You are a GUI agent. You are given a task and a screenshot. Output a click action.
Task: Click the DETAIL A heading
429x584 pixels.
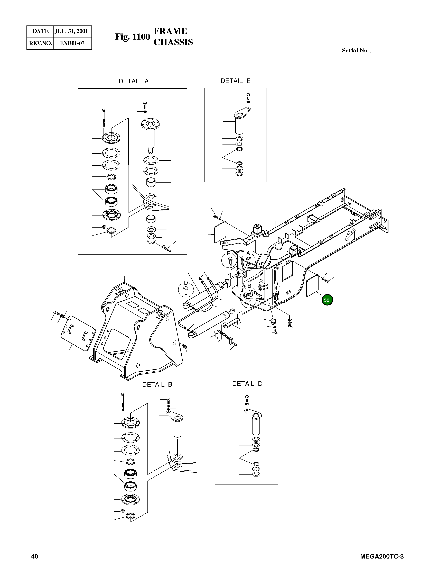coord(134,81)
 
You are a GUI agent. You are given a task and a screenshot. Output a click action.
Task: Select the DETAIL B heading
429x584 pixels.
coord(157,384)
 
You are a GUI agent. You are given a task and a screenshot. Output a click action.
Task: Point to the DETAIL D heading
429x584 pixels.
coord(247,384)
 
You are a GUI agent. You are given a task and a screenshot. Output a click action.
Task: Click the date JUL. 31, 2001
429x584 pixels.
coord(71,31)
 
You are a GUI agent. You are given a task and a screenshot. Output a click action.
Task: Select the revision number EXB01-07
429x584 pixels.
coord(72,43)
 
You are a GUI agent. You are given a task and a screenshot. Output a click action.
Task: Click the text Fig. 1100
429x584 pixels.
coord(132,37)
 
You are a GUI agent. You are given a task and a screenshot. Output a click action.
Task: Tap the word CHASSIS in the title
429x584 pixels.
coord(173,42)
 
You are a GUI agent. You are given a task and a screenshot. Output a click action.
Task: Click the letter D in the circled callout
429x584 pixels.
coord(186,283)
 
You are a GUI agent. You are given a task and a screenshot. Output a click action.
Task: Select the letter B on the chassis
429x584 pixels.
coord(249,286)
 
